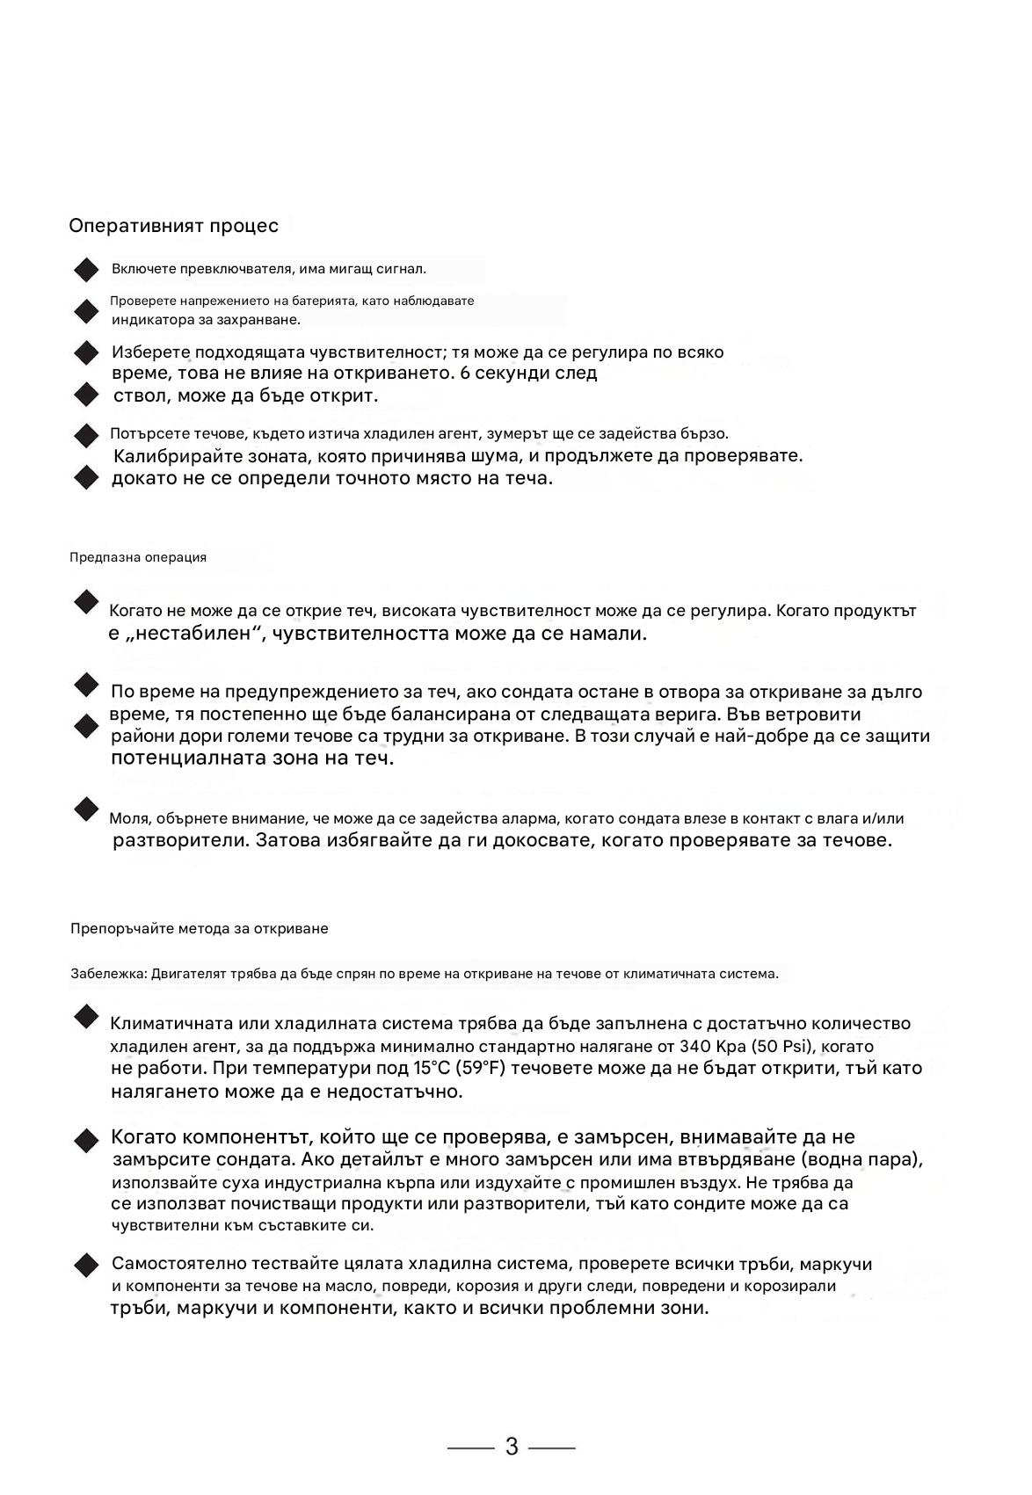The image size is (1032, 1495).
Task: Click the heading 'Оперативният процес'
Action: click(173, 226)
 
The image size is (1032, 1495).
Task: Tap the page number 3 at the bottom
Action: click(512, 1447)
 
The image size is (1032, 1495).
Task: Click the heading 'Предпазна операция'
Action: click(138, 557)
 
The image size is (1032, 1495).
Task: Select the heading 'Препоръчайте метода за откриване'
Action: click(199, 928)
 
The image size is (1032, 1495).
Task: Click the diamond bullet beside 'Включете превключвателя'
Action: click(86, 270)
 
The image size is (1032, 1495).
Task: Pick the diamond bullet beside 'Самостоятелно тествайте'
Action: click(86, 1266)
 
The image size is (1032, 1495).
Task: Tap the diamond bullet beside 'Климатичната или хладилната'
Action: click(86, 1017)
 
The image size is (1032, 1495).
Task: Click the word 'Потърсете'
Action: click(141, 433)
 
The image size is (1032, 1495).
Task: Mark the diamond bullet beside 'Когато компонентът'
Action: click(86, 1141)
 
